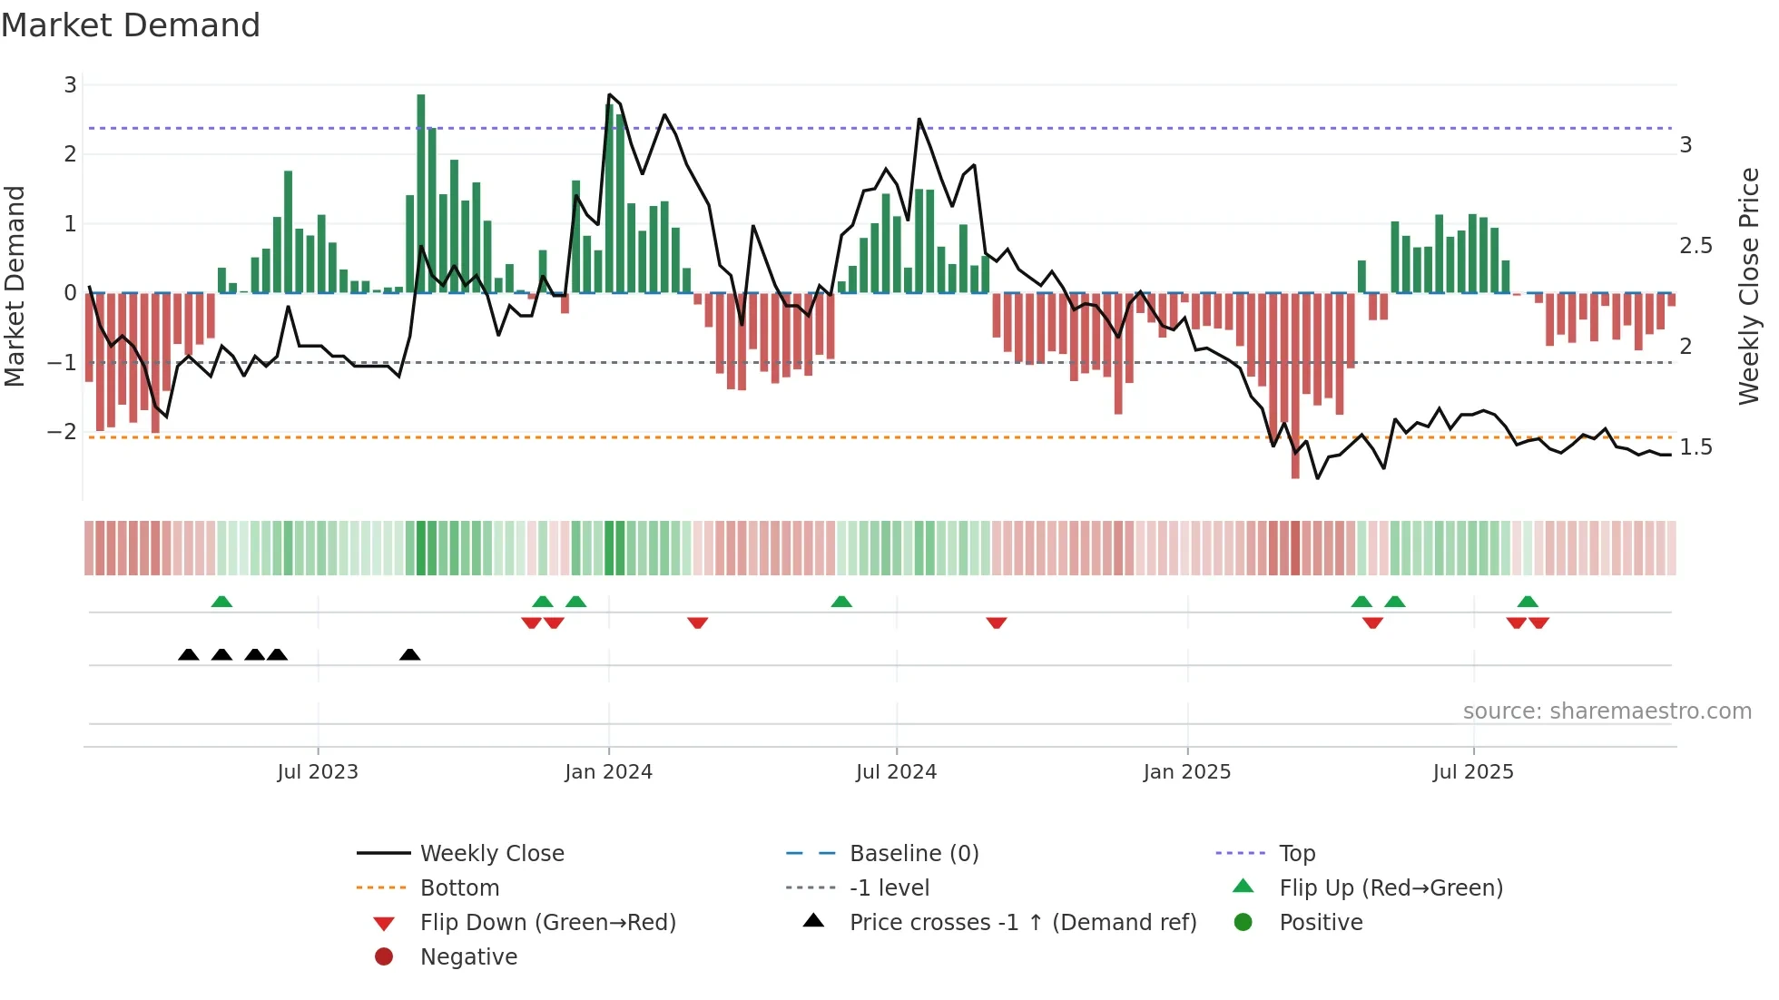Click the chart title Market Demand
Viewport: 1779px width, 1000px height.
[131, 25]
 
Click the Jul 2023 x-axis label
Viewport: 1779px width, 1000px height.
[318, 772]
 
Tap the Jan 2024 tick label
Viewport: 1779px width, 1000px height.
[608, 772]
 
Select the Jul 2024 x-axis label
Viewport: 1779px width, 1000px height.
[896, 772]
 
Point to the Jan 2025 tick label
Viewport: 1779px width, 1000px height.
[1186, 772]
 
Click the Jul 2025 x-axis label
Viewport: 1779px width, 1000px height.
[1473, 772]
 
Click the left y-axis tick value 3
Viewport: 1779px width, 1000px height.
[70, 85]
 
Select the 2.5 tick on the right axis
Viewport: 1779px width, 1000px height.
[1695, 246]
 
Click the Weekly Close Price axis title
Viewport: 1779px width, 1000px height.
[1748, 286]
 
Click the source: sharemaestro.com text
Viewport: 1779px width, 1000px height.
[1607, 711]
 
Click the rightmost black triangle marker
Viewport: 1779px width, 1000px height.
[409, 654]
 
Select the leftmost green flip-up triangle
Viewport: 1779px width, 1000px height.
[221, 602]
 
